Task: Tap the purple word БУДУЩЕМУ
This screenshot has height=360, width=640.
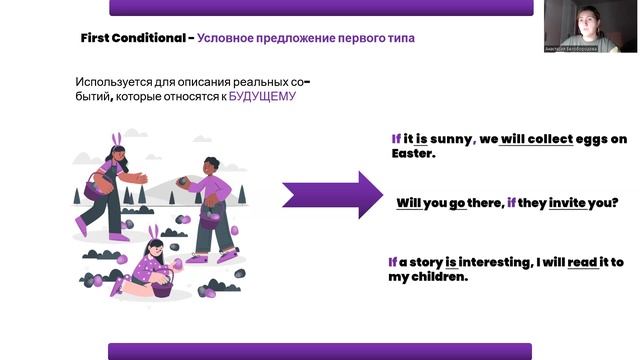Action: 262,97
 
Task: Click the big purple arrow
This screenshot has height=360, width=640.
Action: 331,194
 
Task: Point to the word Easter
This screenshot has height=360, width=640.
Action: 412,155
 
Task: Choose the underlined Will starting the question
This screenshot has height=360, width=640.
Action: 408,202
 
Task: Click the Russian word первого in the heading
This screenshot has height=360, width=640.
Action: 357,38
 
